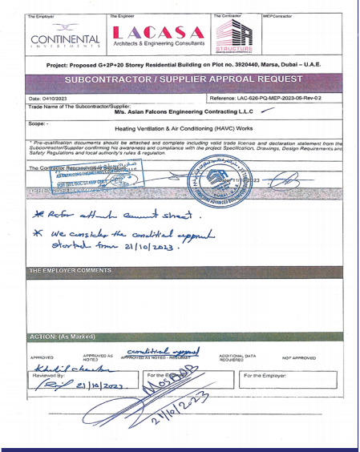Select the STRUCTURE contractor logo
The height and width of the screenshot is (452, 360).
234,37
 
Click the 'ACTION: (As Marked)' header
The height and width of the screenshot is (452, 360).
61,336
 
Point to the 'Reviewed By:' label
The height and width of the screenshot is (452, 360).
47,374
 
